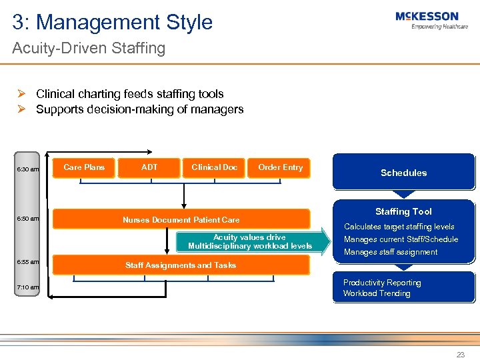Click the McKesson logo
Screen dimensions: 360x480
[427, 20]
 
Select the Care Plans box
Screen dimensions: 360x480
[84, 167]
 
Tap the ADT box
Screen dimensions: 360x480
[149, 167]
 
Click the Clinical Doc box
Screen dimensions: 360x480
[214, 167]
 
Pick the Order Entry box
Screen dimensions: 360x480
[280, 167]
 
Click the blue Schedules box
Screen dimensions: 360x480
[403, 173]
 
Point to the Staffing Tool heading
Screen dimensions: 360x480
[403, 211]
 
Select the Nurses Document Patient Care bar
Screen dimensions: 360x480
[181, 219]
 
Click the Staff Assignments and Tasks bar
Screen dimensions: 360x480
[181, 265]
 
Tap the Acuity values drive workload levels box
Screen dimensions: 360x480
[249, 242]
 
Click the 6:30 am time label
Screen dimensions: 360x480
[28, 169]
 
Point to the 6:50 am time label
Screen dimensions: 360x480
[28, 219]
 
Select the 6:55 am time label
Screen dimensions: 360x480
[28, 262]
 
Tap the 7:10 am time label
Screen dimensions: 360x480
[28, 287]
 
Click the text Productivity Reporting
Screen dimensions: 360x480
[382, 283]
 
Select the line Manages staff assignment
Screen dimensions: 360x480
[391, 252]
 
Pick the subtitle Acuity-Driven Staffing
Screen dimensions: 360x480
[89, 48]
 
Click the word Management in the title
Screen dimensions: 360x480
[94, 22]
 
